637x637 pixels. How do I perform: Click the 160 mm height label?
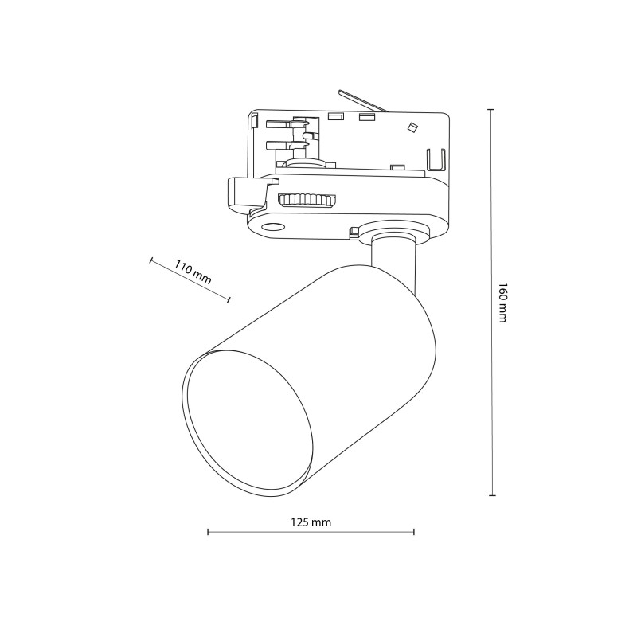pyautogui.click(x=502, y=303)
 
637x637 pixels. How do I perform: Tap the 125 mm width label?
pyautogui.click(x=311, y=522)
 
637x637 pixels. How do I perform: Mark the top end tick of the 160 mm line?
pyautogui.click(x=491, y=110)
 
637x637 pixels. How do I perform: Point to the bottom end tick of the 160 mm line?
pyautogui.click(x=491, y=495)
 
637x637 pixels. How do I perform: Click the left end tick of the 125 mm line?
pyautogui.click(x=208, y=531)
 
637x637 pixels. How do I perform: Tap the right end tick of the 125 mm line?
pyautogui.click(x=413, y=531)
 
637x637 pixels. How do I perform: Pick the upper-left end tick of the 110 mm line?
pyautogui.click(x=151, y=260)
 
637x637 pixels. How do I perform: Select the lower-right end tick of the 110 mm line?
pyautogui.click(x=229, y=300)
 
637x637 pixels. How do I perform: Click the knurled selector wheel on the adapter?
pyautogui.click(x=307, y=200)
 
